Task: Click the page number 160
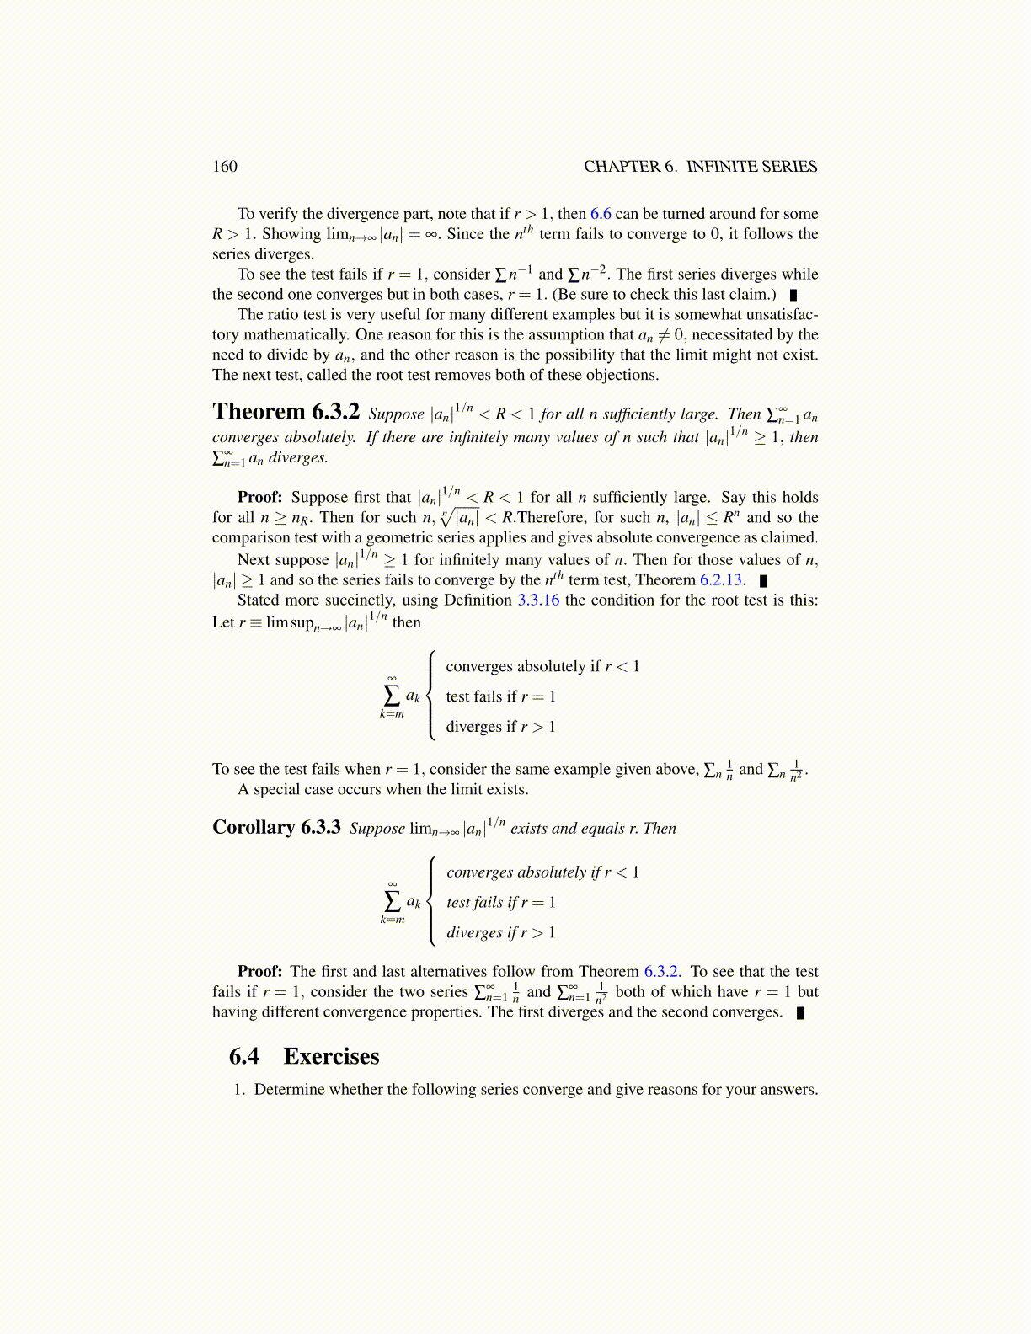click(225, 167)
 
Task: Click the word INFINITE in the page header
click(723, 167)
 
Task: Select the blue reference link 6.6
click(601, 214)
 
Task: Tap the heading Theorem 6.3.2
click(286, 412)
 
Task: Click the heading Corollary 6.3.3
click(276, 827)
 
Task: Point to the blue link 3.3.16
click(538, 600)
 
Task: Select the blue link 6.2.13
click(723, 580)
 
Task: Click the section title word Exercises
click(331, 1057)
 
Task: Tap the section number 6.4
click(244, 1057)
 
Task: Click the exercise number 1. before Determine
click(239, 1090)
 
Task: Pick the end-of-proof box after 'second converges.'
click(800, 1013)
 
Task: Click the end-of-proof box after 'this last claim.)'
click(793, 296)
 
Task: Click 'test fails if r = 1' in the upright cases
click(500, 696)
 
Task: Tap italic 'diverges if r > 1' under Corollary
click(500, 932)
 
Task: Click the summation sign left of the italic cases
click(392, 901)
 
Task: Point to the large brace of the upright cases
click(431, 696)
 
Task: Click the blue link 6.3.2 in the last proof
click(661, 972)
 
